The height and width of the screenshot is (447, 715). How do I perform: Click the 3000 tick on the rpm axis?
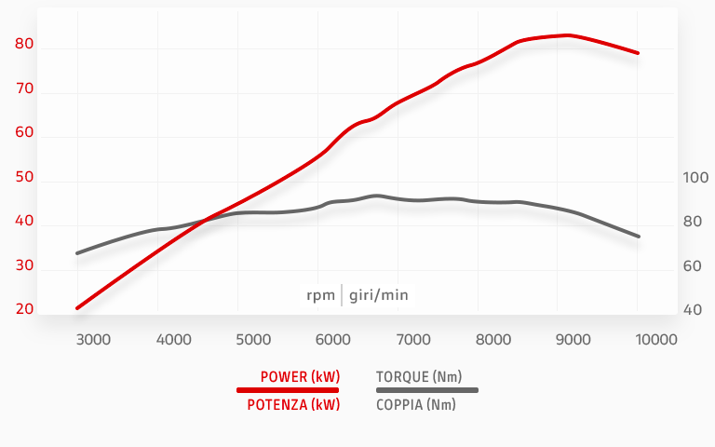click(93, 339)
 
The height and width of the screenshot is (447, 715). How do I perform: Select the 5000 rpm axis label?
click(253, 339)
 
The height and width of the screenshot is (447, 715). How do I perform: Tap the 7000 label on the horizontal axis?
click(413, 339)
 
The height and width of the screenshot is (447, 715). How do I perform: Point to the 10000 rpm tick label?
click(657, 339)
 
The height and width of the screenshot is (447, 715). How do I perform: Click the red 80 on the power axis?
click(24, 44)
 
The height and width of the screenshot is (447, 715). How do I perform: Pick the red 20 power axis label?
click(24, 309)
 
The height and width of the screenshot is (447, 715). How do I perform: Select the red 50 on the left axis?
click(24, 177)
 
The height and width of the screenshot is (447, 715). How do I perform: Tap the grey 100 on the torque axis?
click(695, 177)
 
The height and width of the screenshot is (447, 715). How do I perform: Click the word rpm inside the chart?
click(320, 295)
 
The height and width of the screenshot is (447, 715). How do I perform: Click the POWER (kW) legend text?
click(300, 376)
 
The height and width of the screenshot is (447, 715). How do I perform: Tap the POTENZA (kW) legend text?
click(293, 404)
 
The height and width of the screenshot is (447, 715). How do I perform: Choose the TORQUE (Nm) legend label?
click(419, 376)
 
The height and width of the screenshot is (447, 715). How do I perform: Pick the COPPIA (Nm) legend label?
click(416, 404)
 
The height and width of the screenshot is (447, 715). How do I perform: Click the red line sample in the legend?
click(288, 390)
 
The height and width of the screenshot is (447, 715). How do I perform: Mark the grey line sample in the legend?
click(426, 390)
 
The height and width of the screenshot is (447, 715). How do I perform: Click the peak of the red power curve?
click(567, 35)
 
